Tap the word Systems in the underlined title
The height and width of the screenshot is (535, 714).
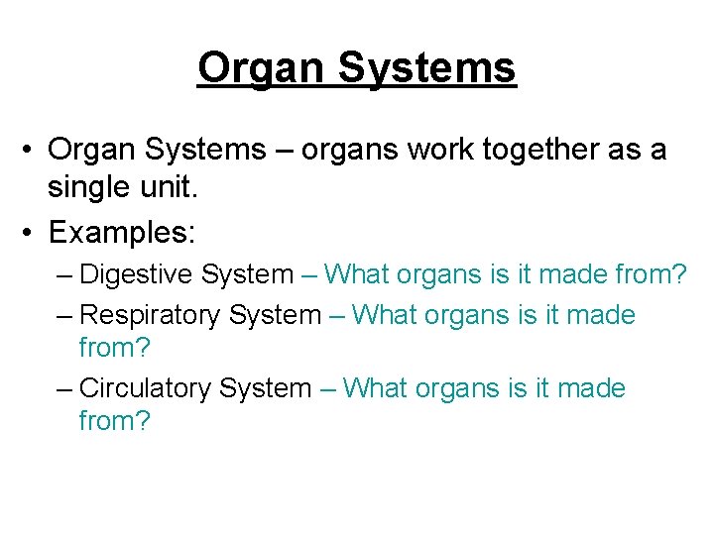click(427, 68)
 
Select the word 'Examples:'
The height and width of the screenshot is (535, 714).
click(123, 234)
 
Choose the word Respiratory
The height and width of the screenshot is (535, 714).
click(150, 316)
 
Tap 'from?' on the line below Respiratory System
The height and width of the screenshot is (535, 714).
click(114, 349)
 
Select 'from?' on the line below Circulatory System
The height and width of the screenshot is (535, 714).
click(114, 421)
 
